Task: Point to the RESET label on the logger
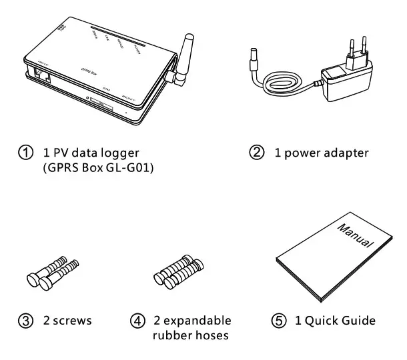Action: tap(128, 97)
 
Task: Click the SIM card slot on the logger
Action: tap(100, 105)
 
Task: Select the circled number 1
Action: tap(25, 153)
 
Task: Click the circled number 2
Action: tap(256, 153)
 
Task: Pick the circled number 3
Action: tap(25, 321)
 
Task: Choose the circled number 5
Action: tap(280, 321)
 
